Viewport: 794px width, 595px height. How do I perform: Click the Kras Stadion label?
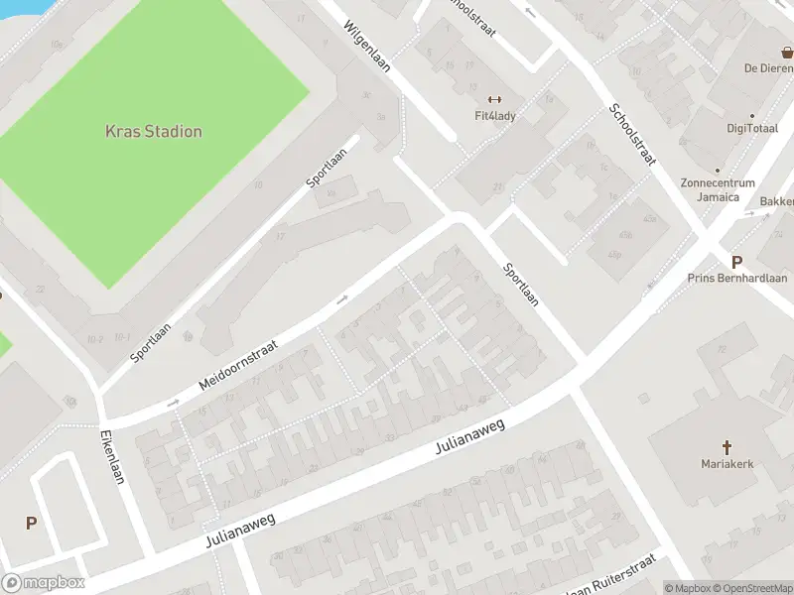click(154, 132)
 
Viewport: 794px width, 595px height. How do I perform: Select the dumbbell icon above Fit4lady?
click(494, 99)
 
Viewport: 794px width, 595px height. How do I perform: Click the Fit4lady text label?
click(494, 115)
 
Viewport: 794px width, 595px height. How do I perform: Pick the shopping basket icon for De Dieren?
click(787, 52)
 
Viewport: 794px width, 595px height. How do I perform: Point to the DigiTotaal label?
click(752, 129)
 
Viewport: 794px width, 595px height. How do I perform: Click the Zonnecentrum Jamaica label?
click(718, 189)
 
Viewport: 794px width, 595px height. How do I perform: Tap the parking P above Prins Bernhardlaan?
click(736, 262)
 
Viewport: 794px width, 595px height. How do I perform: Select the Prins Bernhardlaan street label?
click(736, 279)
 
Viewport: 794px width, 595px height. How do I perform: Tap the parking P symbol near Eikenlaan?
click(31, 523)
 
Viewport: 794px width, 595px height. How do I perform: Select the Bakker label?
click(777, 202)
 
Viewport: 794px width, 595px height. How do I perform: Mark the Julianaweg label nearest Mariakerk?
click(470, 436)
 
